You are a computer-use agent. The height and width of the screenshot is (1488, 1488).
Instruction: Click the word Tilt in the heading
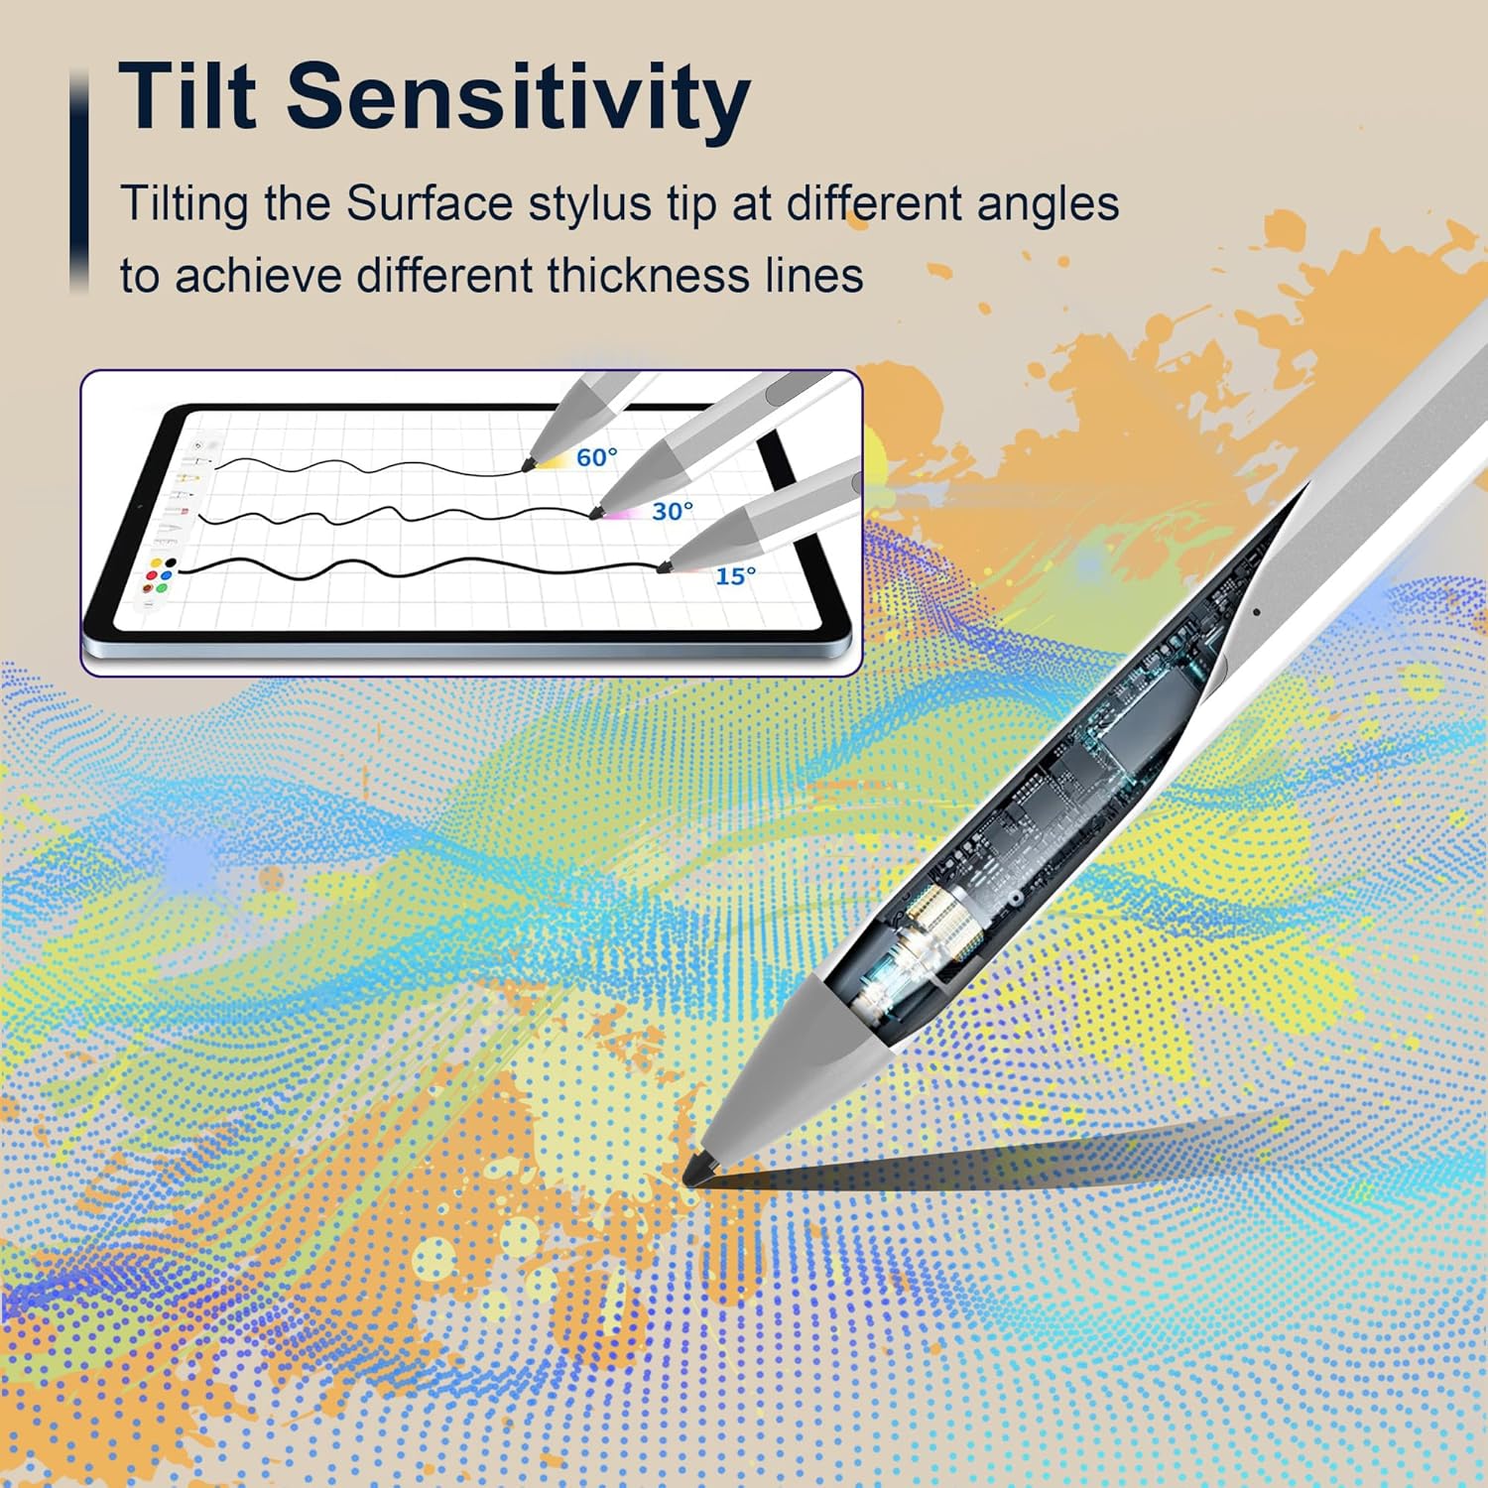187,95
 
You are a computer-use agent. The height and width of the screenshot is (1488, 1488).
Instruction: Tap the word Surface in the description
429,203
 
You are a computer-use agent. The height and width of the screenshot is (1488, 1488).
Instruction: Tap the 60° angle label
596,457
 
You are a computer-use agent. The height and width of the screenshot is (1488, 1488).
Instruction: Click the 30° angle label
673,511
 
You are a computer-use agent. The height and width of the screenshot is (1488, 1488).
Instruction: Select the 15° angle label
735,576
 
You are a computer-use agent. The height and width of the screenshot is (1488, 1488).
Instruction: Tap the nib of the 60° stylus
528,463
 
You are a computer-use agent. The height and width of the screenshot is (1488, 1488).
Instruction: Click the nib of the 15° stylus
663,566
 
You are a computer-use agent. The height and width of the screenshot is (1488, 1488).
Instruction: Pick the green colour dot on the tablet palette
162,588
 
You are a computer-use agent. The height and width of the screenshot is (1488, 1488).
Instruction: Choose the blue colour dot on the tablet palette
167,576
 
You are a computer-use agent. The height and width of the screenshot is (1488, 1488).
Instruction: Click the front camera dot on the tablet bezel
140,507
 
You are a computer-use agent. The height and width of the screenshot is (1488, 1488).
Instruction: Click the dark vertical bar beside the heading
79,181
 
